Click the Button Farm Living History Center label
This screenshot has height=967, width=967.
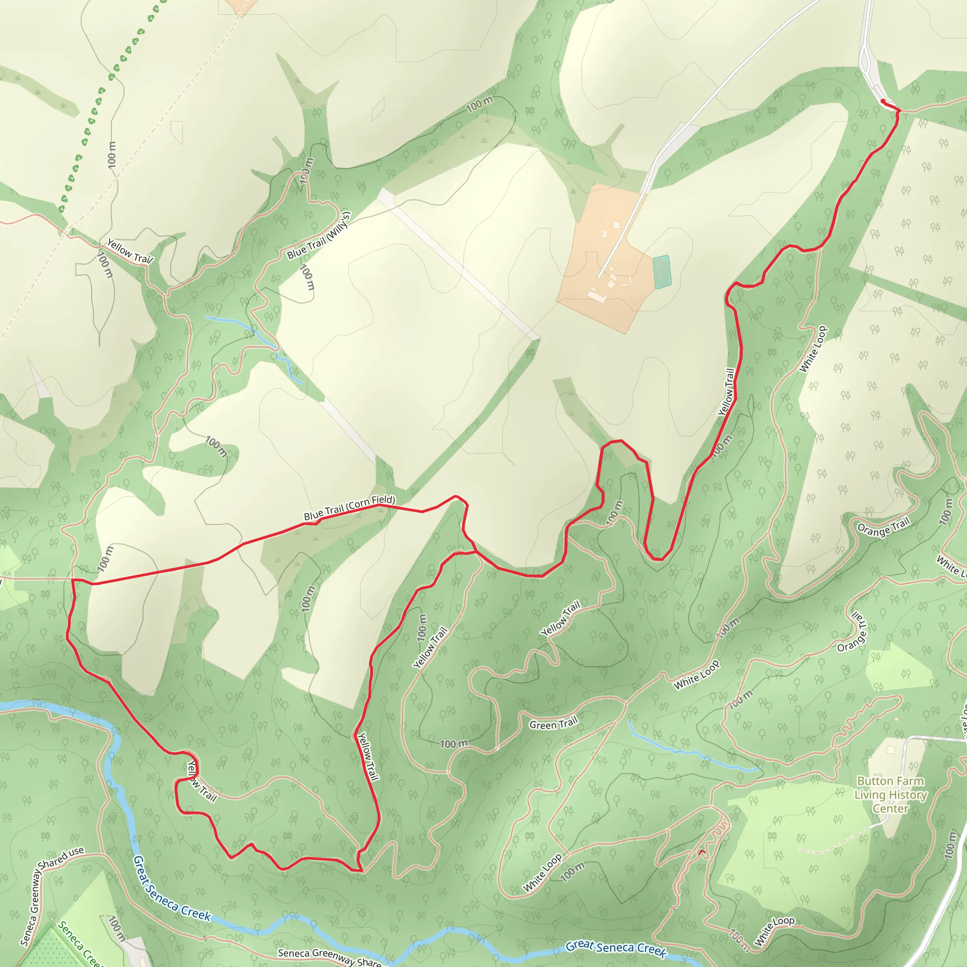[x=891, y=794]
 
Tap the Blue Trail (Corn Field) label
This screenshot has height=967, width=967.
[x=349, y=508]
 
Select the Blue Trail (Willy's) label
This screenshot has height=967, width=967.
[x=319, y=235]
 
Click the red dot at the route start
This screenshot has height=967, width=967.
[x=882, y=102]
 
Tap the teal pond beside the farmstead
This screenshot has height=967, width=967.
[x=662, y=272]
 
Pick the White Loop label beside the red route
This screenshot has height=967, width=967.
[x=813, y=349]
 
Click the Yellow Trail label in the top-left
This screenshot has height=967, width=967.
[x=130, y=251]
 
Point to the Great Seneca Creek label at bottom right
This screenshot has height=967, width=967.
[x=616, y=948]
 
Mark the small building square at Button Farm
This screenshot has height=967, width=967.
[x=890, y=750]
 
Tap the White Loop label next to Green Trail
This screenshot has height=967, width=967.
[x=697, y=675]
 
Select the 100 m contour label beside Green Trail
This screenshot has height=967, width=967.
[x=453, y=744]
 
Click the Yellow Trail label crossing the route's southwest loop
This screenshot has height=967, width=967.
[x=201, y=781]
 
